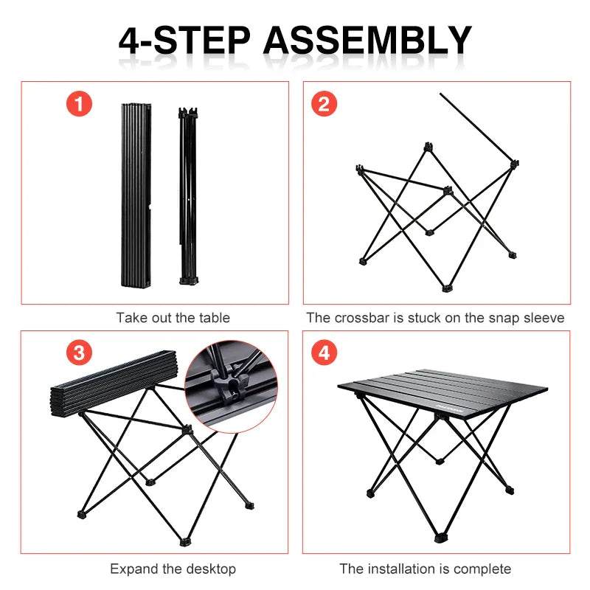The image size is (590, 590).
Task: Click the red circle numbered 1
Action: (x=80, y=104)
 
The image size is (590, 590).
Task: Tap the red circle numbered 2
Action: (x=323, y=104)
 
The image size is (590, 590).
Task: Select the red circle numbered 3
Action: (x=80, y=353)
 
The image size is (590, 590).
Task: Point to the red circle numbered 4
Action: (x=323, y=353)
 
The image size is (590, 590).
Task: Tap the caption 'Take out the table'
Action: (x=173, y=318)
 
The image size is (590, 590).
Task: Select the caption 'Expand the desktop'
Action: (x=173, y=569)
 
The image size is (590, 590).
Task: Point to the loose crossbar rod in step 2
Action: (x=476, y=125)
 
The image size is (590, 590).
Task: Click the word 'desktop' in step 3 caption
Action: (x=211, y=569)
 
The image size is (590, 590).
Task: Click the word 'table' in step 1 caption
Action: (x=215, y=318)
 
